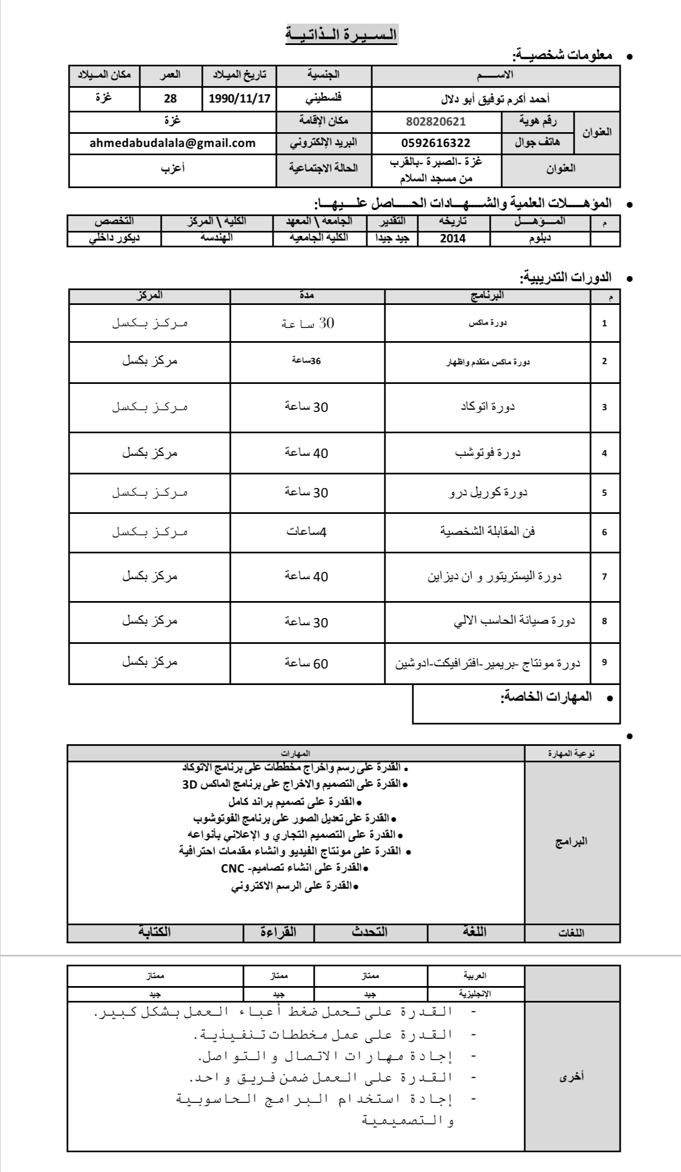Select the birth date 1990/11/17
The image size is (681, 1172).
point(240,99)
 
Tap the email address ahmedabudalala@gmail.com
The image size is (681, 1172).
point(173,143)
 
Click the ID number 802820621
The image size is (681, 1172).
point(436,121)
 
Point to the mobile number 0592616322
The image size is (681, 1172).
point(436,143)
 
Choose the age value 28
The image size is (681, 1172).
point(171,99)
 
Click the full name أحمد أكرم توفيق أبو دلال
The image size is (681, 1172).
point(495,99)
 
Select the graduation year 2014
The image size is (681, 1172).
point(453,238)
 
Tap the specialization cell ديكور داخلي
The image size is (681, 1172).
point(114,238)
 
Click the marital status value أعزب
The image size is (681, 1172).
point(173,168)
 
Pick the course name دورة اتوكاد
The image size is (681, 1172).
point(487,407)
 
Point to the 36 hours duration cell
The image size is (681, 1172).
point(307,360)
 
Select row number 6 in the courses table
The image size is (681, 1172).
point(604,532)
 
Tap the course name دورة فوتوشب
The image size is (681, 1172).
point(487,453)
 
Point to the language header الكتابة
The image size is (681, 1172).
point(154,931)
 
